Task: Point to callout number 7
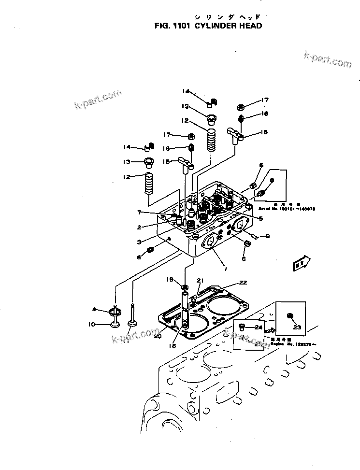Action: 139,212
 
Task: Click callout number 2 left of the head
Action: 139,227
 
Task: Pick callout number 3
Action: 139,242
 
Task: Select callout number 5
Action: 260,219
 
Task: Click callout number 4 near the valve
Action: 95,309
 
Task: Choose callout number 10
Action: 92,324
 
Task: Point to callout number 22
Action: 243,283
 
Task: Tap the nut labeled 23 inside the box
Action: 290,316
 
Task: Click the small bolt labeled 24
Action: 243,327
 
